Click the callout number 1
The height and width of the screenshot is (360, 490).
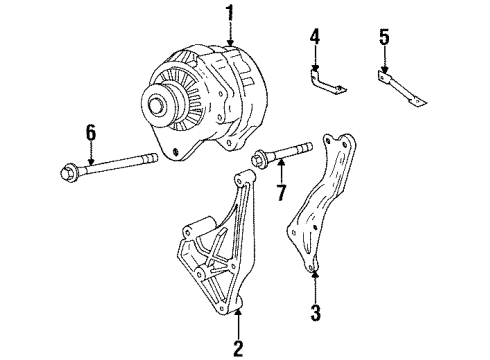click(231, 13)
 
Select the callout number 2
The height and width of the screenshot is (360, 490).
click(239, 349)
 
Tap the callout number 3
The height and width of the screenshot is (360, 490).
click(315, 313)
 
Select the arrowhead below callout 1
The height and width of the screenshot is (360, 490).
click(231, 39)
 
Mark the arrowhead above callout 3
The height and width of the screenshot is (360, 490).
click(315, 273)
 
